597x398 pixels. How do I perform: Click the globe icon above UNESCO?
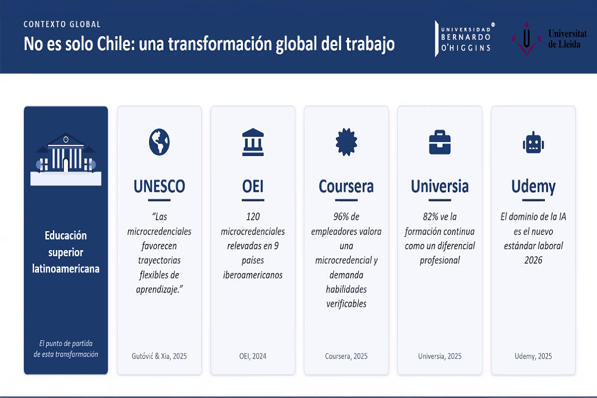click(159, 142)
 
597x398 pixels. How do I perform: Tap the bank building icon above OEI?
click(253, 142)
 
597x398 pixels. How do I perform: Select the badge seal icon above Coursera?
click(346, 142)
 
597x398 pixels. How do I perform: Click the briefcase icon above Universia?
click(440, 142)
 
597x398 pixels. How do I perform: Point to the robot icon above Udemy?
click(533, 143)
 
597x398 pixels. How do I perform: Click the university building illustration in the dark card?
click(66, 159)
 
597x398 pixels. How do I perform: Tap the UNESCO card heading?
click(159, 187)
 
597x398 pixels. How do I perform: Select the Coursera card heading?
click(346, 187)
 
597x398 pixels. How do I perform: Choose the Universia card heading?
click(440, 187)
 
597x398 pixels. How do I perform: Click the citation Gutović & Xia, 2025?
click(159, 356)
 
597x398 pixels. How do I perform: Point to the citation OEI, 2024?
click(253, 356)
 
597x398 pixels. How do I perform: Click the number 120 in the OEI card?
click(253, 217)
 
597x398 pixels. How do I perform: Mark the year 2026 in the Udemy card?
click(533, 260)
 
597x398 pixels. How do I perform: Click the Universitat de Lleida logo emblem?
click(527, 39)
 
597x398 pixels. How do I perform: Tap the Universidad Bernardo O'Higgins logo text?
click(466, 39)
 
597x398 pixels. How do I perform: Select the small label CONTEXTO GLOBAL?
click(62, 24)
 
